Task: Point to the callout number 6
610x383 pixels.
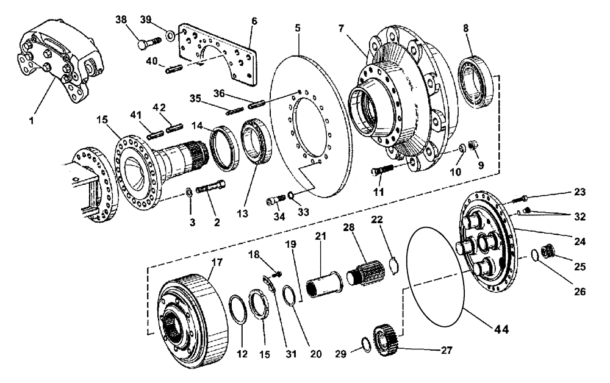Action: [x=254, y=21]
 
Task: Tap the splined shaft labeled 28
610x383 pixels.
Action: [x=365, y=272]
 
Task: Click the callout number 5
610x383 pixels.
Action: [x=299, y=29]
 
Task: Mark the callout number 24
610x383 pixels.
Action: [x=579, y=242]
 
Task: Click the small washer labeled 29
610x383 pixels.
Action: [x=364, y=344]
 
